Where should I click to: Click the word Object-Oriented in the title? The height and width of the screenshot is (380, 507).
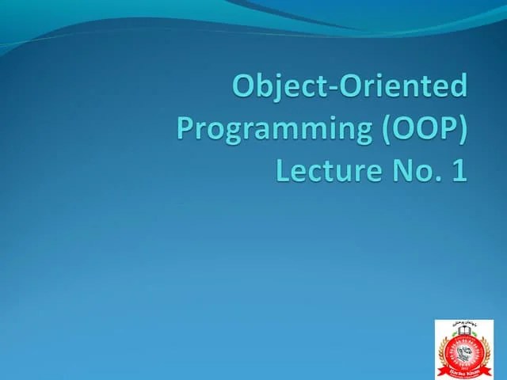point(349,85)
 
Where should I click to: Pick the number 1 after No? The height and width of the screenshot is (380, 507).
point(459,169)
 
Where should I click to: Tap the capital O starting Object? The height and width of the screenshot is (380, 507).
point(244,85)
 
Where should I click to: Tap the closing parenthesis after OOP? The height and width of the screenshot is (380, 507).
point(462,128)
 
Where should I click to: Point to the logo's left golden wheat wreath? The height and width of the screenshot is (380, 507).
point(444,348)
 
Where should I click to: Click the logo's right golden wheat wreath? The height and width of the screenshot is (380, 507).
point(484,348)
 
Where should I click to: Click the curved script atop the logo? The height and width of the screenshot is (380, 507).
point(463,325)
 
